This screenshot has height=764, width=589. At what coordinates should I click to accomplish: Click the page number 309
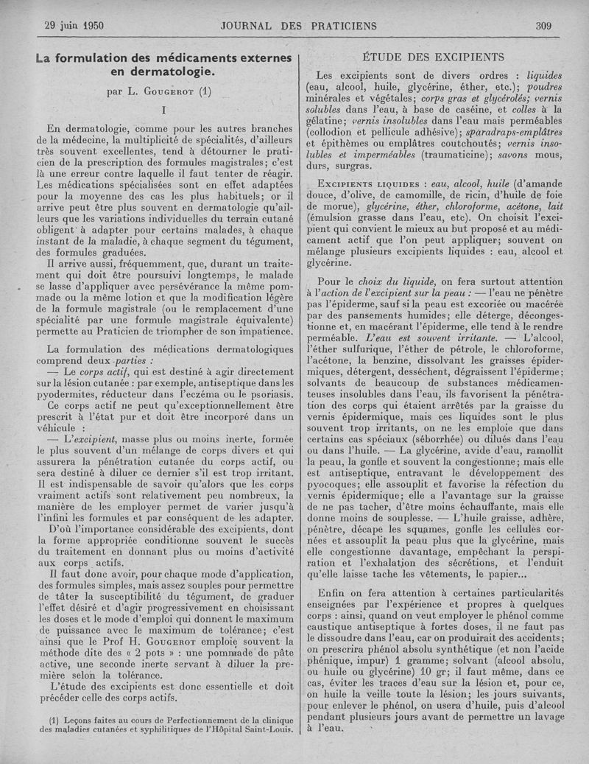[x=543, y=26]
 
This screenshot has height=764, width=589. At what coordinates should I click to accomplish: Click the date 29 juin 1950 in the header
[x=74, y=26]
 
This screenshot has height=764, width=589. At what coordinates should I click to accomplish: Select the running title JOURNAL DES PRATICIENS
[x=298, y=26]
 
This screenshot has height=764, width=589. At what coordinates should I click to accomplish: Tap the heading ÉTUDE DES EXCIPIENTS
[x=434, y=57]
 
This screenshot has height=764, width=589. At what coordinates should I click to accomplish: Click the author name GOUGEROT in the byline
[x=168, y=93]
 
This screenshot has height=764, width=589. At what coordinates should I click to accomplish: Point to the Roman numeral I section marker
[x=163, y=111]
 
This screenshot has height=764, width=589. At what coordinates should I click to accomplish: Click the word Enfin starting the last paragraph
[x=332, y=594]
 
